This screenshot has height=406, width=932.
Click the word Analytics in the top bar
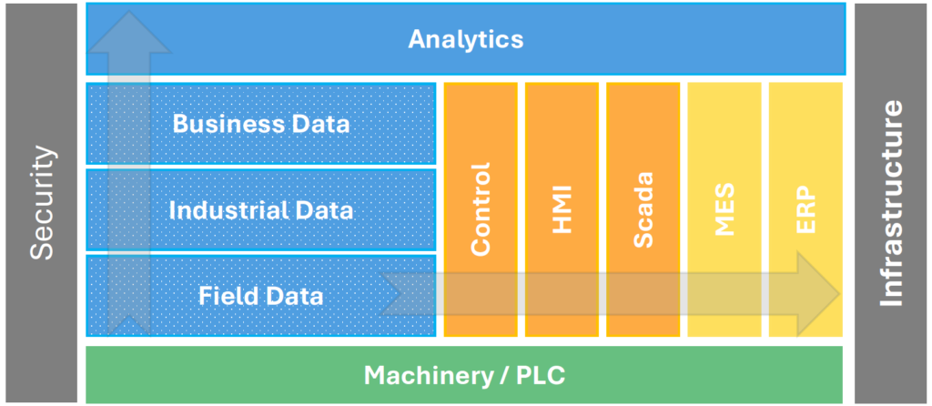[x=465, y=39]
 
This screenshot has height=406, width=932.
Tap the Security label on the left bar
[x=42, y=203]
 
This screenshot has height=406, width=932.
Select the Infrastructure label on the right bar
[x=892, y=203]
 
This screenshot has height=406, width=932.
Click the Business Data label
[x=261, y=124]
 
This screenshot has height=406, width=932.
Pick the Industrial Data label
[x=261, y=210]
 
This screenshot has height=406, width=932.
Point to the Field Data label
[x=261, y=295]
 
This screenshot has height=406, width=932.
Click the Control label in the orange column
[x=481, y=208]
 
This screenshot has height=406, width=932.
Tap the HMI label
[x=562, y=208]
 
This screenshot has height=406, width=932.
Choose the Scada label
[x=643, y=208]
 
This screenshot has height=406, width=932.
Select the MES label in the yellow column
[x=724, y=208]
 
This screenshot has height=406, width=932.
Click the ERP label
[x=806, y=208]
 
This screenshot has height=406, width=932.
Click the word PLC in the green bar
[x=542, y=374]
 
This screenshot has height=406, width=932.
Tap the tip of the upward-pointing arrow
[x=128, y=14]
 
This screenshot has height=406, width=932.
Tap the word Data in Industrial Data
[x=323, y=210]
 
